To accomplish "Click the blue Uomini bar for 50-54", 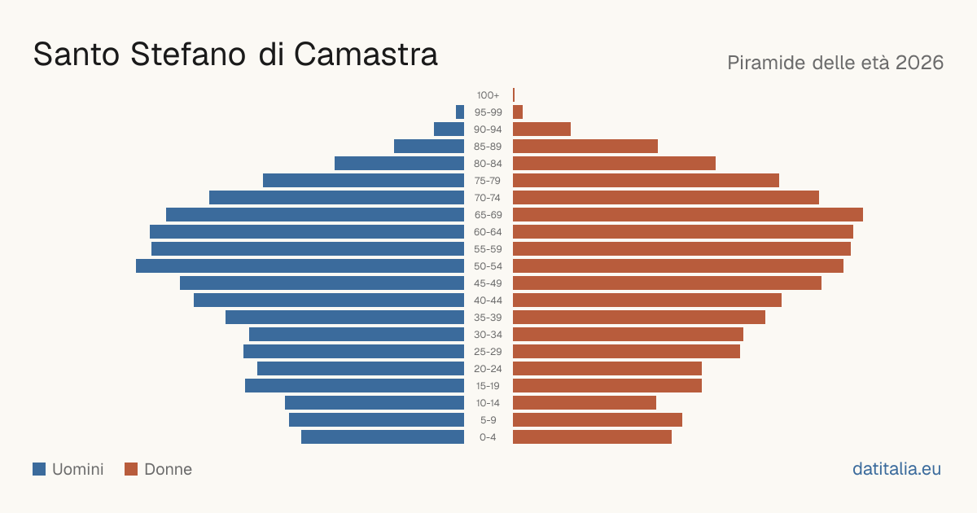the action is pos(300,265).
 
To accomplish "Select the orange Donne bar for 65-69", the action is pos(688,215).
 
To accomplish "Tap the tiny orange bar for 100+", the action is pos(514,94).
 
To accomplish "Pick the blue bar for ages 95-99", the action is pos(460,112).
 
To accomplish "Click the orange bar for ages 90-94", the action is pos(541,129).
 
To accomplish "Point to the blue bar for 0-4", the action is pos(383,436).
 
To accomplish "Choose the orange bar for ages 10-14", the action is pos(585,402).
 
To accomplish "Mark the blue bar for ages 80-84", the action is pos(399,163).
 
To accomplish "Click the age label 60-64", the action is pos(488,232).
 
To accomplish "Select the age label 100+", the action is pos(488,95).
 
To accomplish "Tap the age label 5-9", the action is pos(488,420).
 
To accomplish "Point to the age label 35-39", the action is pos(488,318).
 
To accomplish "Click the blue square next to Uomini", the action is pos(39,469).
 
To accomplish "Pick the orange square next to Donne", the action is pos(131,469).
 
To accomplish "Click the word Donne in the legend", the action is pos(168,469).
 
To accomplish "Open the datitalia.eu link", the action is pos(896,469).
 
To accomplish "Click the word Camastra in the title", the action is pos(366,55).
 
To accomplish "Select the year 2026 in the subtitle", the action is pos(919,63).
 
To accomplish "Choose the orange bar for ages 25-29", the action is pos(626,351).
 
